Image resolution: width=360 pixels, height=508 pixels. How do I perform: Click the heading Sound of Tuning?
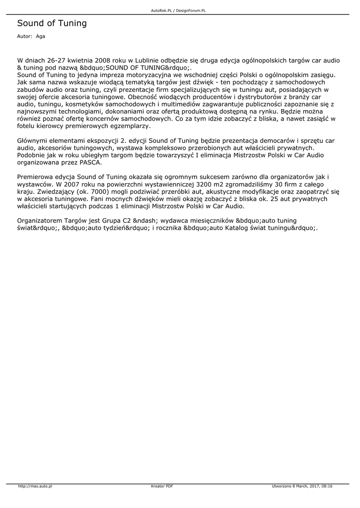[x=52, y=23]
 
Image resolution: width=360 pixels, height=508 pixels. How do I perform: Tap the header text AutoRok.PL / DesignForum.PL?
[x=178, y=10]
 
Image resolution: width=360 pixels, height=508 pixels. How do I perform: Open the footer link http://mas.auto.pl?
[x=36, y=486]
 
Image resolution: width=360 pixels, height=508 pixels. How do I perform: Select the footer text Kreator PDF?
[x=162, y=486]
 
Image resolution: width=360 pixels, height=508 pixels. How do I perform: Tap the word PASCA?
[x=90, y=162]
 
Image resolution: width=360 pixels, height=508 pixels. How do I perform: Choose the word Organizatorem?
[x=40, y=220]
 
